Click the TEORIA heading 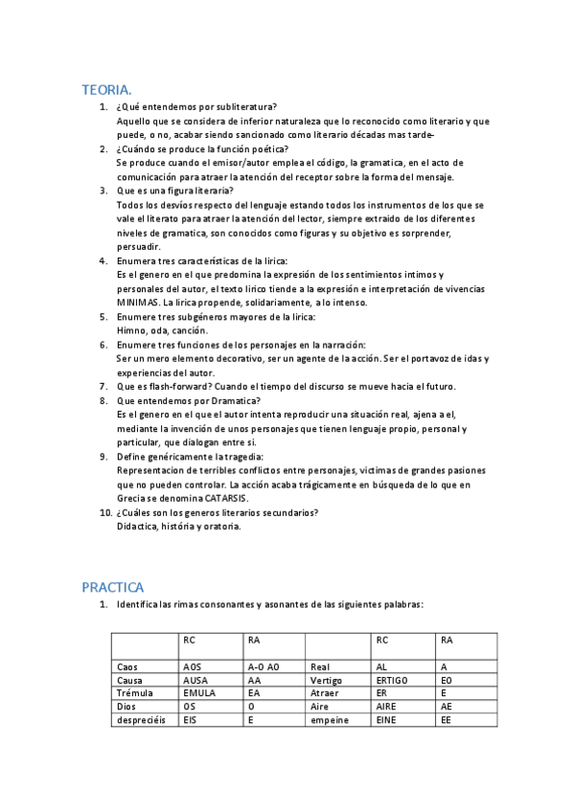tap(107, 89)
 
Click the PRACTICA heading tap(113, 587)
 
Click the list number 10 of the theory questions tap(106, 512)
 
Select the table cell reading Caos tap(127, 666)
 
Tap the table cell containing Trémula tap(133, 692)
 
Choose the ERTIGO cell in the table tap(393, 680)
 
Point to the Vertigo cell tap(327, 680)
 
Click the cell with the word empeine tap(330, 719)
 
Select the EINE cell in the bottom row tap(386, 719)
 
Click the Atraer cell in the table tap(325, 692)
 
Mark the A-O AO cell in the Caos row tap(263, 666)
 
